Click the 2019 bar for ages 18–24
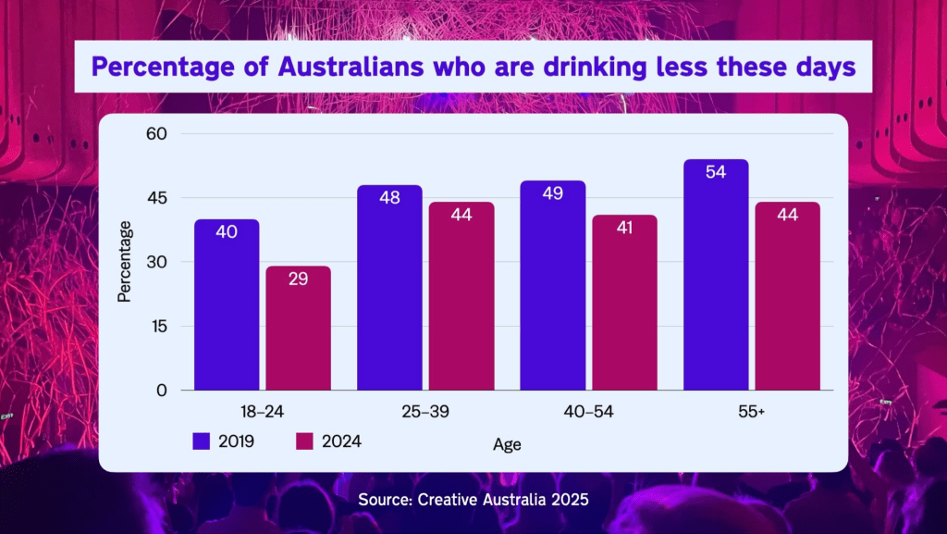pos(227,305)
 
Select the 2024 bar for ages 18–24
pos(298,329)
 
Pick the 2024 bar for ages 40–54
pos(624,304)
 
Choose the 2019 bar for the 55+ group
pos(716,276)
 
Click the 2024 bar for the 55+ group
pos(787,296)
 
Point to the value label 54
pos(716,172)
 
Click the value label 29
pos(298,279)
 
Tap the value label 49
pos(553,193)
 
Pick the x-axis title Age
pos(507,444)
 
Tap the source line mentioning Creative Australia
pos(473,501)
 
